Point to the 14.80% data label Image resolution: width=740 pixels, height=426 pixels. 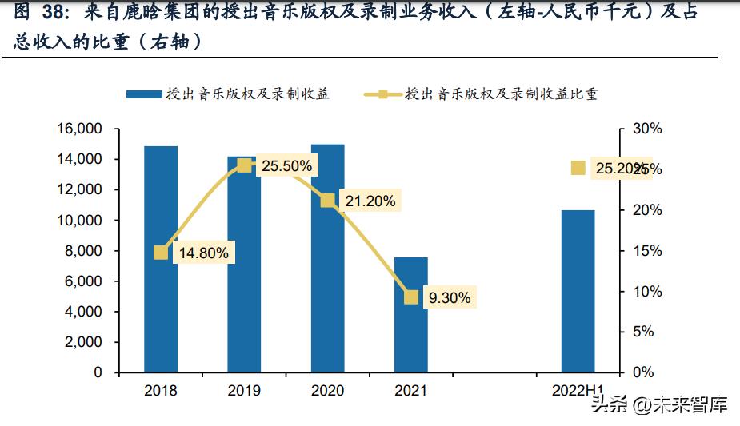click(x=203, y=253)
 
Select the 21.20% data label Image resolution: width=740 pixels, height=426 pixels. click(x=370, y=201)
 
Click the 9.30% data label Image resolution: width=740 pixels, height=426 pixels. click(x=450, y=298)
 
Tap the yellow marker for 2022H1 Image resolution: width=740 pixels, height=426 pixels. click(x=578, y=168)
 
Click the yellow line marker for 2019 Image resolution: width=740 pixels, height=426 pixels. click(x=244, y=165)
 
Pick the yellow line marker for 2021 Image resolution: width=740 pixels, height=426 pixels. click(x=411, y=297)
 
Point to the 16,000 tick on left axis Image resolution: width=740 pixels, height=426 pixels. click(x=79, y=129)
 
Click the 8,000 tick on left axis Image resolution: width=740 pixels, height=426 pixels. click(x=83, y=251)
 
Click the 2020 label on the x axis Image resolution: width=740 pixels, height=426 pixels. click(x=327, y=391)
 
